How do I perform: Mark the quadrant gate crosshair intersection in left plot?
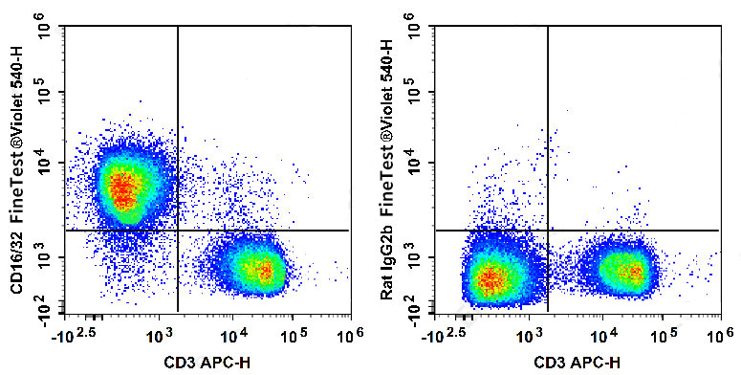pyautogui.click(x=178, y=231)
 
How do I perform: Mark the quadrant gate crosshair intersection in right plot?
pyautogui.click(x=547, y=231)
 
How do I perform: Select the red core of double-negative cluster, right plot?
pyautogui.click(x=490, y=278)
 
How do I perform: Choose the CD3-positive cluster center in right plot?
pyautogui.click(x=626, y=271)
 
